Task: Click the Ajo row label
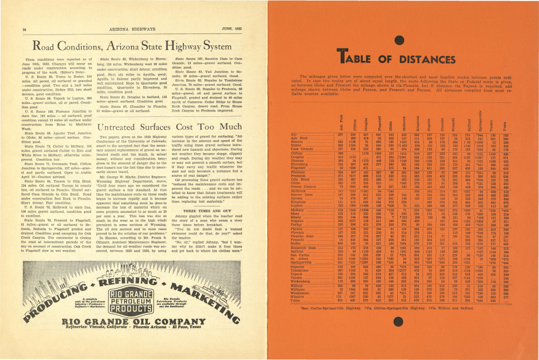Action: (x=291, y=133)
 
